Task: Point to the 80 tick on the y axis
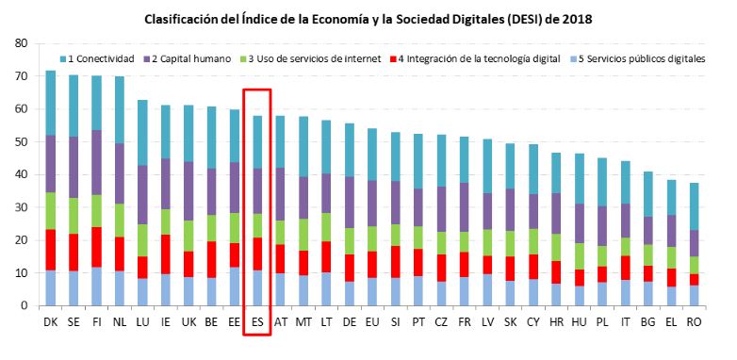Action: (21, 43)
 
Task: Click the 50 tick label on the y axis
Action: (21, 141)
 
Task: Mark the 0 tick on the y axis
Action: (24, 305)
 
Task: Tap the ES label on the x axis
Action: (257, 322)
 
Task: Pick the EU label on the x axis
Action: (371, 322)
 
